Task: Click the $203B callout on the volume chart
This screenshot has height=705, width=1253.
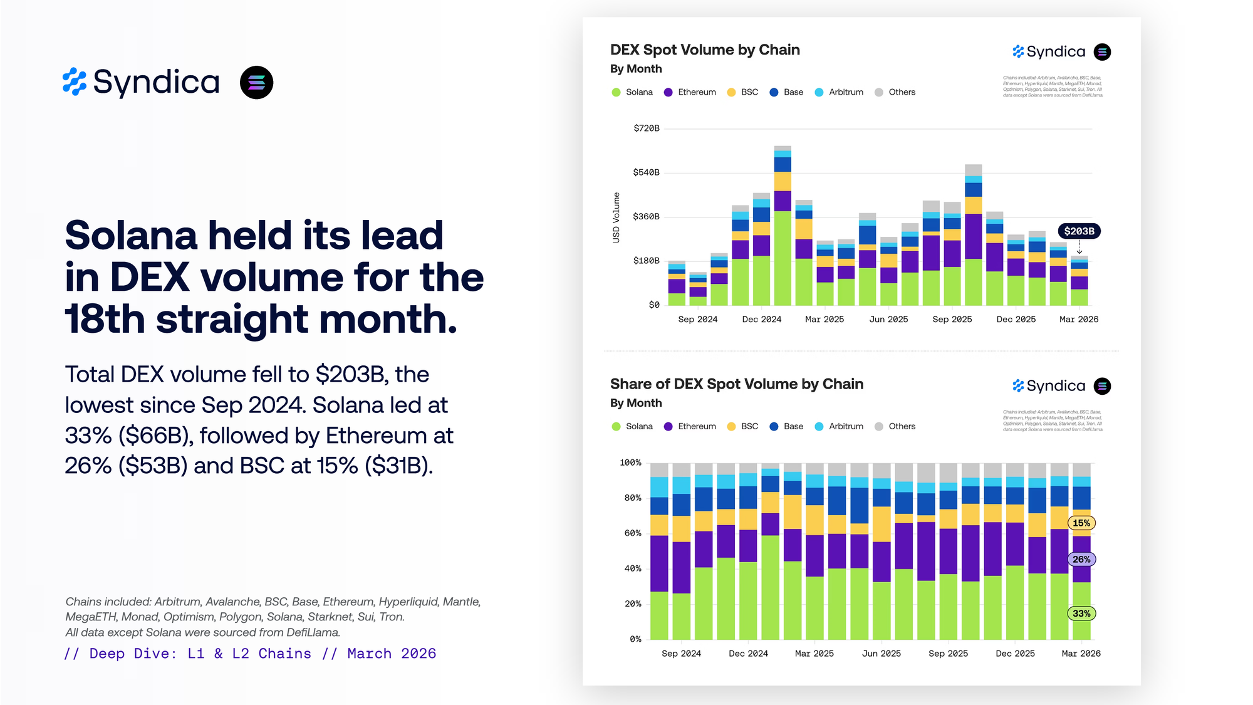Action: [1079, 231]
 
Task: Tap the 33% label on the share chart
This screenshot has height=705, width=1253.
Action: [1081, 614]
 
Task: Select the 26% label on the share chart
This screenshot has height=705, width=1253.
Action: [1081, 559]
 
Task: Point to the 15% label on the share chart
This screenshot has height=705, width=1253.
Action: [1081, 523]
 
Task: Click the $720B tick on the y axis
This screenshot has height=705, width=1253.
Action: [646, 128]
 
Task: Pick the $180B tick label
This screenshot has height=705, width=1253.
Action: [646, 261]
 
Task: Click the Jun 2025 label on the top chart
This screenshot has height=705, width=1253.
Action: [888, 320]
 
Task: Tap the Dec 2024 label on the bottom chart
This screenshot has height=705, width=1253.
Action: [748, 654]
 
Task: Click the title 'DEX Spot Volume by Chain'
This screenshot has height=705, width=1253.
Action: [705, 50]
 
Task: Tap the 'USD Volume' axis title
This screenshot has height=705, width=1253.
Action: [616, 217]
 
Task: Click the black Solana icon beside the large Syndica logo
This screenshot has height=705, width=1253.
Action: [256, 83]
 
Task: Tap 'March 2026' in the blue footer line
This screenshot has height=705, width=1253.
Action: [392, 654]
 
